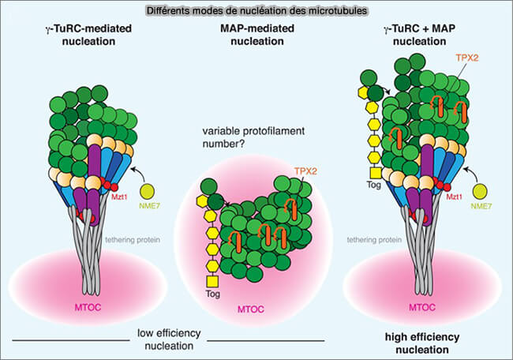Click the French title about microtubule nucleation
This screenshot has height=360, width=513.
coord(256,10)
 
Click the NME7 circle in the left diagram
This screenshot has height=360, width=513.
coord(148,192)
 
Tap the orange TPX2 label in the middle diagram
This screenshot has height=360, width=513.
coord(304,170)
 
